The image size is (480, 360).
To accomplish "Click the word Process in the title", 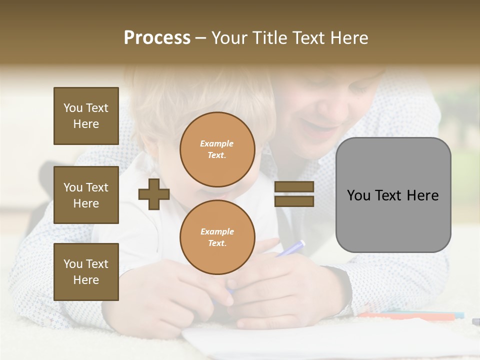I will click(157, 38).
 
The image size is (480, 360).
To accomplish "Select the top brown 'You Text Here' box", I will click(86, 116).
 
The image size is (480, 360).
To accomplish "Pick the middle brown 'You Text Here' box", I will click(86, 195).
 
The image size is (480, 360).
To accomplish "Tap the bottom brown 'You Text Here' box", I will click(86, 271).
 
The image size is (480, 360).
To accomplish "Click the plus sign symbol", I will click(153, 194).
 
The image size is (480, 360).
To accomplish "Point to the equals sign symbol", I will click(294, 194).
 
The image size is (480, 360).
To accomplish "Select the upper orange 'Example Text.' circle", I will click(217, 149).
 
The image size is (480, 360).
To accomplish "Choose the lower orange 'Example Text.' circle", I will click(217, 237).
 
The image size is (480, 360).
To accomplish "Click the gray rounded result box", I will click(393, 195).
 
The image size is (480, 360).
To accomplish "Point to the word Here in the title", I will click(350, 38).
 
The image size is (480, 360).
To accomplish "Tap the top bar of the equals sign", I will click(294, 187).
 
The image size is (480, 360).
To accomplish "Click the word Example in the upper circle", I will click(217, 143).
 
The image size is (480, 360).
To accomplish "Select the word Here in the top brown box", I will click(86, 124).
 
